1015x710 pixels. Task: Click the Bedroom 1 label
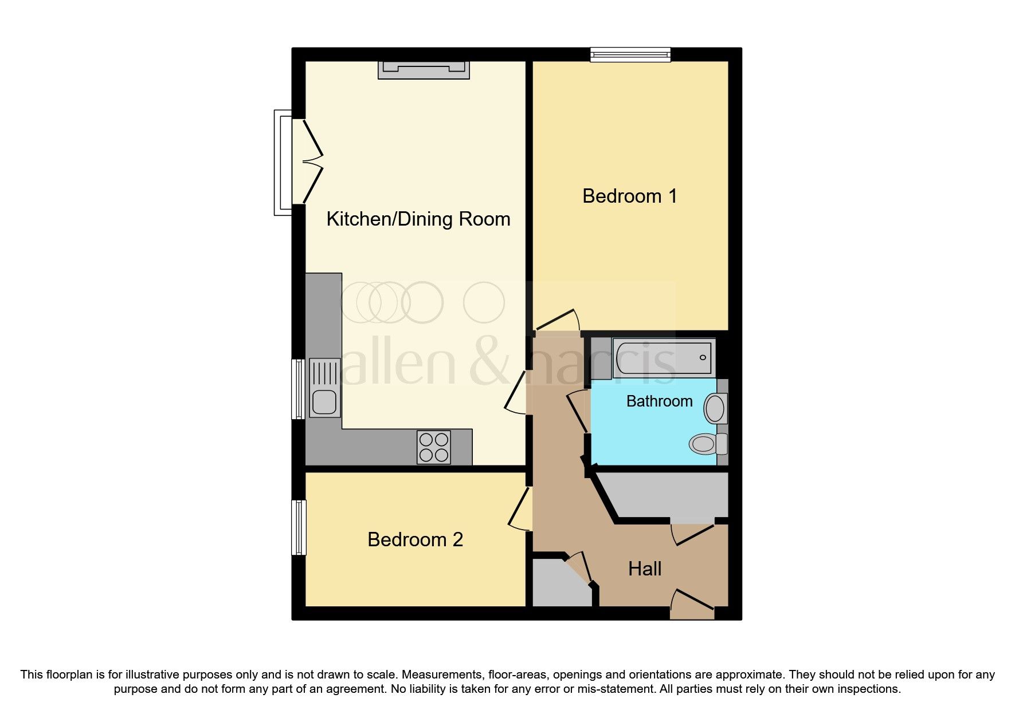630,196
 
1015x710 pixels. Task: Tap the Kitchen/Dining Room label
418,219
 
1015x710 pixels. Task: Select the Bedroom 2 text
415,539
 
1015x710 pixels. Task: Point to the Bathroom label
659,401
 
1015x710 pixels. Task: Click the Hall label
645,569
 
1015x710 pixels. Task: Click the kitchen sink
325,387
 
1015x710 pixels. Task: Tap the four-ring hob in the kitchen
433,447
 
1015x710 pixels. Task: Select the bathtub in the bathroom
662,358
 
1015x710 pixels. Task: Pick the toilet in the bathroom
708,444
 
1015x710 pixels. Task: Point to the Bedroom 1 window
630,54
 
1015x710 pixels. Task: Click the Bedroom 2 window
299,527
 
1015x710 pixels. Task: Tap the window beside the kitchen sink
298,389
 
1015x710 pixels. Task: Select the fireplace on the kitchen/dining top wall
424,69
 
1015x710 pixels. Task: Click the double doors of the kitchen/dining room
309,161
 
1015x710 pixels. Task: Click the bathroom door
578,411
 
